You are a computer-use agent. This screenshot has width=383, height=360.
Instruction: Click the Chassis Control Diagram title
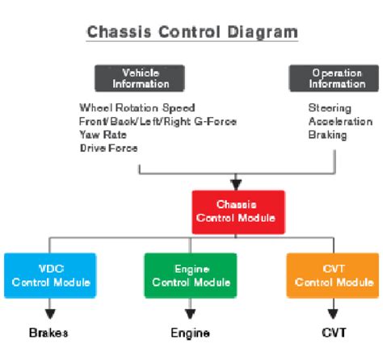191,32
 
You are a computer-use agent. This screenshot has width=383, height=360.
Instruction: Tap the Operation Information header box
337,78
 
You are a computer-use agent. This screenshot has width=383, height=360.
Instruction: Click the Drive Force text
109,148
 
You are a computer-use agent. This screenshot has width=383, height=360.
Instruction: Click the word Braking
327,135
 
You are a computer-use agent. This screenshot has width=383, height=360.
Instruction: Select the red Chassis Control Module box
237,212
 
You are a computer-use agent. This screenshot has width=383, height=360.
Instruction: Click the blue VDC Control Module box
51,275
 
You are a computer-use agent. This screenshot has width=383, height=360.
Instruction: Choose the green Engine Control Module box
191,275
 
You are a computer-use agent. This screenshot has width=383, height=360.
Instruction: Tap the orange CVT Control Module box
332,275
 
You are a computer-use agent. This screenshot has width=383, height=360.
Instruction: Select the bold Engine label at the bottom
191,333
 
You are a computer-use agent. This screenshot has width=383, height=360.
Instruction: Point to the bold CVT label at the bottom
332,333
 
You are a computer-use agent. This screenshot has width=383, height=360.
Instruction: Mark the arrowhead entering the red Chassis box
236,184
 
